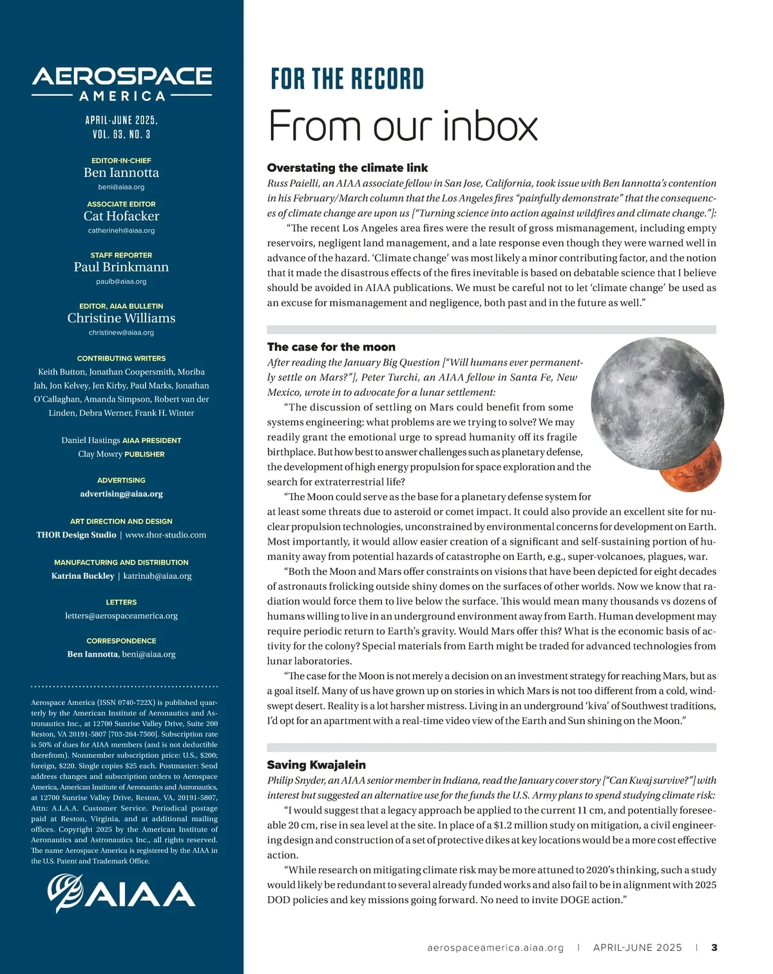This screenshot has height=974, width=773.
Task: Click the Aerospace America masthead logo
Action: tap(122, 84)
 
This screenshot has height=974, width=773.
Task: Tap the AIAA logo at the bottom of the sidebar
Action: tap(122, 893)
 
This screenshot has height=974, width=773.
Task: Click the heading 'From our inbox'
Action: tap(403, 126)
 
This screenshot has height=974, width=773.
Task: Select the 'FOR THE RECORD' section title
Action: tap(347, 79)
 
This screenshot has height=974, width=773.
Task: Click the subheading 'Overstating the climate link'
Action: tap(347, 168)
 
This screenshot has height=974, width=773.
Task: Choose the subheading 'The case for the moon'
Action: tap(331, 347)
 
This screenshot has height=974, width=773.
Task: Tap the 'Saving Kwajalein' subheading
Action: tap(316, 765)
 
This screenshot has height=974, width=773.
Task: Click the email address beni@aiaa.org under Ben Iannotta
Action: tap(121, 187)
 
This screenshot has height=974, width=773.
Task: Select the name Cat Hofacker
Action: tap(121, 216)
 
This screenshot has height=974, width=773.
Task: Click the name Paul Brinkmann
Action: tap(121, 267)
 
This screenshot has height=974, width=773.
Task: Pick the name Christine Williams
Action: tap(121, 318)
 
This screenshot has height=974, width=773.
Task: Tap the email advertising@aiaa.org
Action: tap(121, 494)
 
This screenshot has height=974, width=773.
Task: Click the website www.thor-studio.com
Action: tap(166, 535)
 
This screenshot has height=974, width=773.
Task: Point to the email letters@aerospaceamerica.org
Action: tap(121, 616)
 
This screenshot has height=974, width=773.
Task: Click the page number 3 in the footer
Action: tap(714, 948)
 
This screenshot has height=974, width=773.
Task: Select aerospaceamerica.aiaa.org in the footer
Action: tap(495, 948)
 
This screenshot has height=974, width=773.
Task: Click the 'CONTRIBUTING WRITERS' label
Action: tap(121, 359)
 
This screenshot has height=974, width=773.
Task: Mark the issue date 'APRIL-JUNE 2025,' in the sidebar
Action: tap(121, 120)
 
